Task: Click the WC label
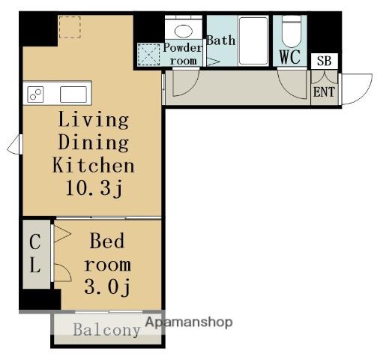[290, 57]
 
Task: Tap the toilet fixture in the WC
[292, 31]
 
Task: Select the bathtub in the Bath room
[253, 40]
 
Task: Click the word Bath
[221, 40]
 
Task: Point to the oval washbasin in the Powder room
[184, 31]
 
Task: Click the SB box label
[325, 61]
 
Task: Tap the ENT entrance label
[324, 91]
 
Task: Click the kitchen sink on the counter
[73, 94]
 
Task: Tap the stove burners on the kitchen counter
[35, 94]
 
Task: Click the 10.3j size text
[94, 188]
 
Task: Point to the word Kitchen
[94, 165]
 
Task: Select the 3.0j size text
[107, 286]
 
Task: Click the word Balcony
[106, 330]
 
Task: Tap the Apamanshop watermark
[189, 322]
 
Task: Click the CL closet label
[35, 253]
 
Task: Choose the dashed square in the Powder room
[148, 55]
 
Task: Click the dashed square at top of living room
[70, 27]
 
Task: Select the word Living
[94, 120]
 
